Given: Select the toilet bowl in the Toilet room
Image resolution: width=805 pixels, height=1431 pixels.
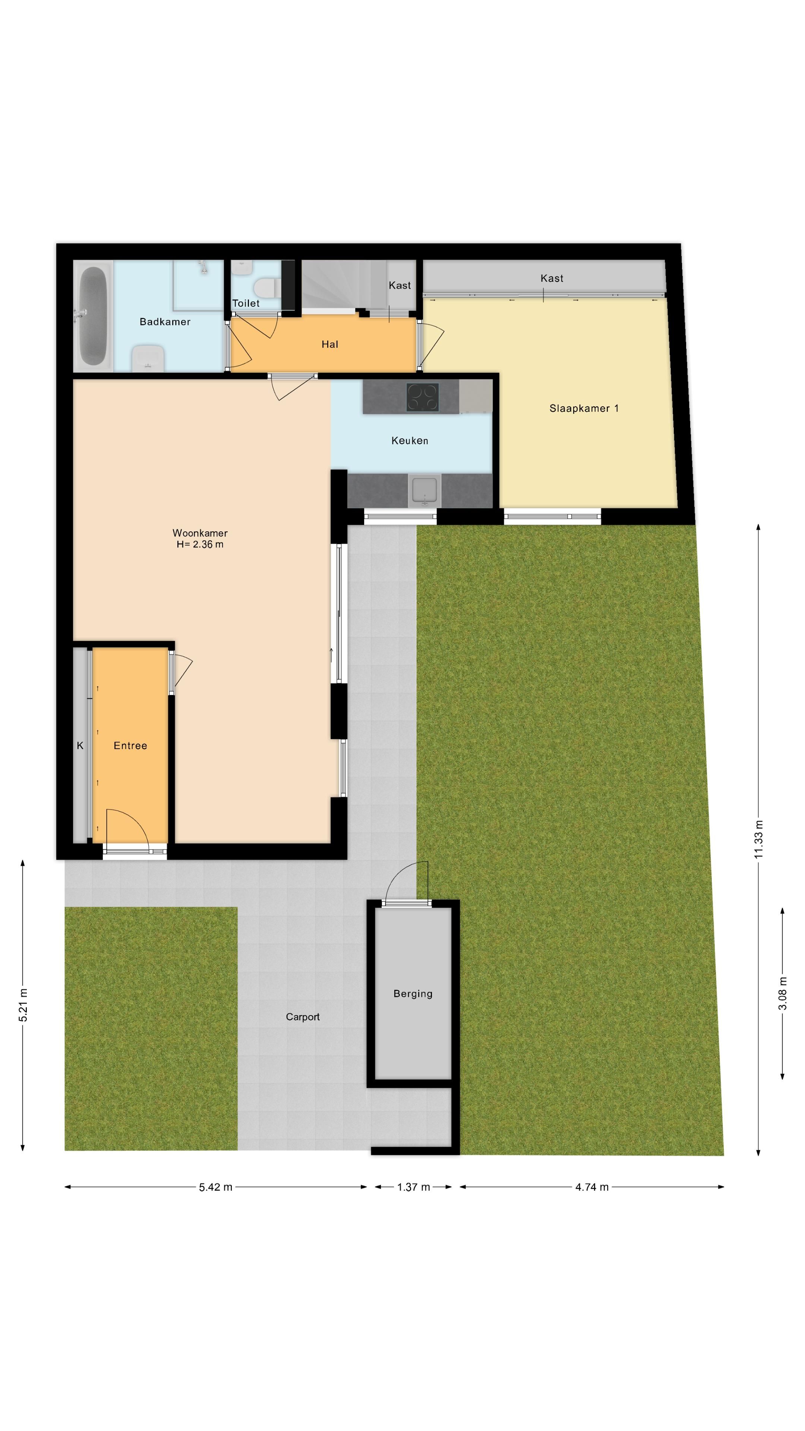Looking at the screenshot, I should pos(267,288).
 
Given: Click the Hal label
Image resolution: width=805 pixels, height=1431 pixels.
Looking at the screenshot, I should pos(329,344).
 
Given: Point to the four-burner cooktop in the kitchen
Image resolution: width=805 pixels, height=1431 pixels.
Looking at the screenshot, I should pos(422,397).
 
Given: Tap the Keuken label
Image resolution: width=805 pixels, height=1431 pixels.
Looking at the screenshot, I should pos(410,440).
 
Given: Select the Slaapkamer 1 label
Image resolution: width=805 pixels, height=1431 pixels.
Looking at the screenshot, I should pos(583,408).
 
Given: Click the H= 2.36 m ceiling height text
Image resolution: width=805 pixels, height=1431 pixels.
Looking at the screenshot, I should pos(200,544).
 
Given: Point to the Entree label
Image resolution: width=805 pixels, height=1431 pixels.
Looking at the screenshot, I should pos(130,745).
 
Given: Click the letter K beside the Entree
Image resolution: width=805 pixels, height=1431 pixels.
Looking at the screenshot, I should pos(80,745).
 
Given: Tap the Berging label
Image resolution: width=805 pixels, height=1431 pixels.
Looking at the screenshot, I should pos(412,993).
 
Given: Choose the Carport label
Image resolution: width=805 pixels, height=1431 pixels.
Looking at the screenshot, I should pos(302,1017).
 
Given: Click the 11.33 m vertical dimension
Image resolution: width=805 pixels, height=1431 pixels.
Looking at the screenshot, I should pos(758,839).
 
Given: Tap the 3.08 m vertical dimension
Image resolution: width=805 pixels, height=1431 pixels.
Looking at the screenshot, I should pos(782,993).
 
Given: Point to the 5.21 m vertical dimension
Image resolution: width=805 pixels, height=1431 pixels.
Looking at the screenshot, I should pos(23,1004).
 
